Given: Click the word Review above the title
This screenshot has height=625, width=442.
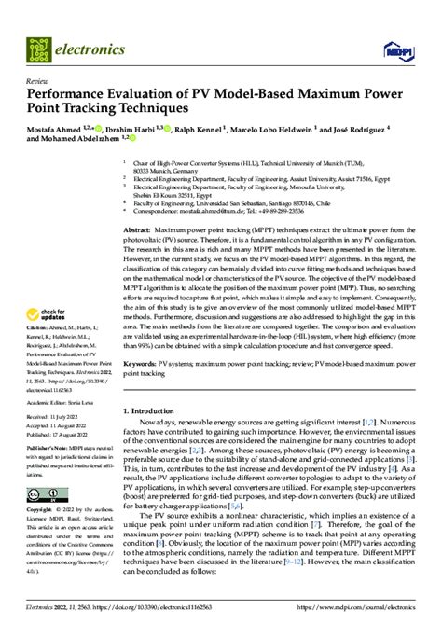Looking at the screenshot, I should click(37, 81).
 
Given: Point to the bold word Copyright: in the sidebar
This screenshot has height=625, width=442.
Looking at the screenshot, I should click(40, 511).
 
